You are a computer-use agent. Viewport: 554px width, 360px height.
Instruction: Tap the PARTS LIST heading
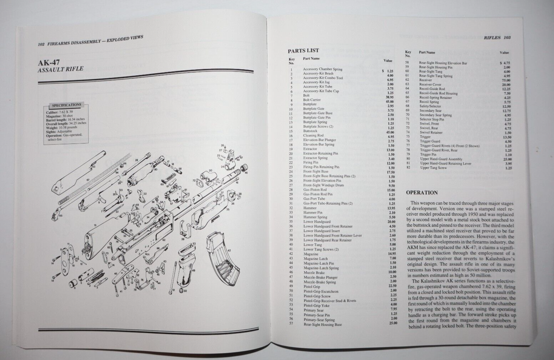pyautogui.click(x=303, y=51)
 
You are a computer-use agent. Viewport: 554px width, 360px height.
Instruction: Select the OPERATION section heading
pyautogui.click(x=422, y=193)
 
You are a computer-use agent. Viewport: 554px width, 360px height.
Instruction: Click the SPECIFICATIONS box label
pyautogui.click(x=66, y=105)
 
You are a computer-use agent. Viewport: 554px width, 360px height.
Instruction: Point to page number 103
pyautogui.click(x=507, y=37)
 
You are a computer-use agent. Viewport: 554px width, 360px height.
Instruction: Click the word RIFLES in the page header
pyautogui.click(x=492, y=37)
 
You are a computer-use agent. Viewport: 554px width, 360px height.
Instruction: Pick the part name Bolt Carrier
pyautogui.click(x=312, y=100)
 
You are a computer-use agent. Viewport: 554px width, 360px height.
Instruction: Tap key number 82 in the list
pyautogui.click(x=408, y=168)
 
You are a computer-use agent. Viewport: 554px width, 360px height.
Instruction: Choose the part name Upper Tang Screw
pyautogui.click(x=433, y=168)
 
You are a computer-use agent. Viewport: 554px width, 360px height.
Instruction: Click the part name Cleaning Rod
pyautogui.click(x=313, y=136)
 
